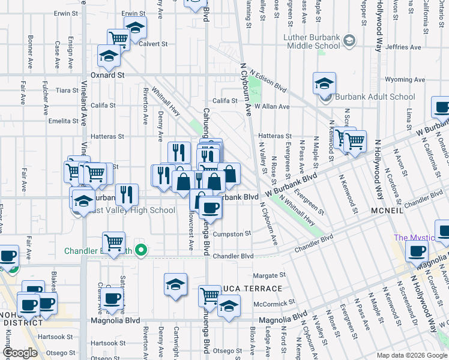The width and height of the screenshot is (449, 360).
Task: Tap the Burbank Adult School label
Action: [375, 97]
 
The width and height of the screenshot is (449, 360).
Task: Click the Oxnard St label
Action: [107, 76]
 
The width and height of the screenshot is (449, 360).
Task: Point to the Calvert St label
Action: [153, 44]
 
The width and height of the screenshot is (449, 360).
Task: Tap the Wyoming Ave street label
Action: [405, 79]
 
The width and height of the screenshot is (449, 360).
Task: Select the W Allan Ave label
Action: [272, 106]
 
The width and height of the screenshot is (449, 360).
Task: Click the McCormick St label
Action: [273, 304]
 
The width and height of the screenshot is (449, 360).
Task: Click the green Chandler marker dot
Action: [141, 250]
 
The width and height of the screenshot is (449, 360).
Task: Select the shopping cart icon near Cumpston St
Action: [113, 242]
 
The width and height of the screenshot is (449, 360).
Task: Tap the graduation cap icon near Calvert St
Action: [136, 27]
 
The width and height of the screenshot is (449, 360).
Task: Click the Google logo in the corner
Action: [20, 353]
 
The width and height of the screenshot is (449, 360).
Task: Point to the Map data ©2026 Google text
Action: [412, 355]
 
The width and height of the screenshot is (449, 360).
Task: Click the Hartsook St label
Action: [55, 337]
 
